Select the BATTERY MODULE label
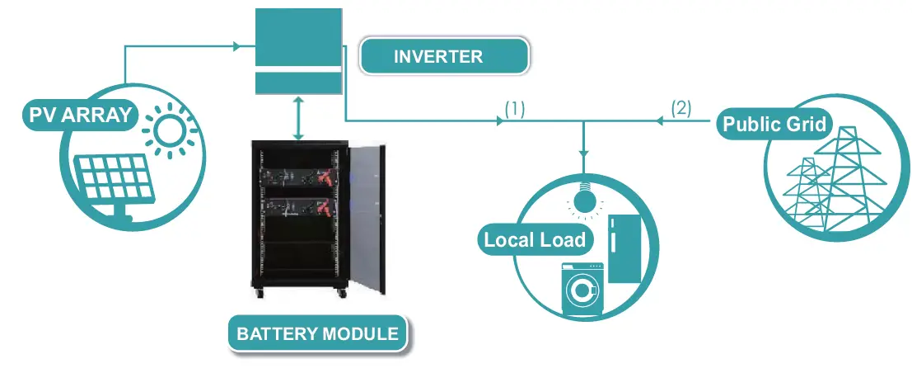click(x=317, y=334)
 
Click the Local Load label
click(x=534, y=240)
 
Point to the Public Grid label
click(x=774, y=125)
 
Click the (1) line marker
click(x=515, y=108)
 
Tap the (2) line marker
click(x=680, y=108)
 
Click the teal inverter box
click(x=297, y=51)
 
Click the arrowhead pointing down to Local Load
click(x=584, y=153)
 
